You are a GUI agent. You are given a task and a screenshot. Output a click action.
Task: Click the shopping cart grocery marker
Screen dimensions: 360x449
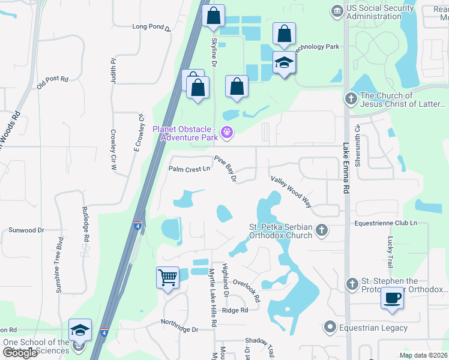coord(167,278)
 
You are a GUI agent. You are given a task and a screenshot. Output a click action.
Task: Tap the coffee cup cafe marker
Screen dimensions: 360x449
coord(393,298)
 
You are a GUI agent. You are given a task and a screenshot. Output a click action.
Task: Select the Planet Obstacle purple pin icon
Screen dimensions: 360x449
coord(226,132)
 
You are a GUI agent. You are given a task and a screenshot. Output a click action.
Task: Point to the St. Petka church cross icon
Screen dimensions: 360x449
coord(322,230)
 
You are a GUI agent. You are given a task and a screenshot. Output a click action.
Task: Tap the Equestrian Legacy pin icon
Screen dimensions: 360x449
coord(329,328)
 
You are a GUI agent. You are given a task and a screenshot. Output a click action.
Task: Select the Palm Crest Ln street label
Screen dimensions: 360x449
coord(189,169)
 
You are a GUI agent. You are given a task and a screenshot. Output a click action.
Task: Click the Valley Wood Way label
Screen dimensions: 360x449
coord(291,191)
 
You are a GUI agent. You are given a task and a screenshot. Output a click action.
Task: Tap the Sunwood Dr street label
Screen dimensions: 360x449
coord(26,230)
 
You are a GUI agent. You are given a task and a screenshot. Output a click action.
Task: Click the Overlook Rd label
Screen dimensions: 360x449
coord(247,290)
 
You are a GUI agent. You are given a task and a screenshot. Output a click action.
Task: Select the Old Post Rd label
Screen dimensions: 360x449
coord(52,82)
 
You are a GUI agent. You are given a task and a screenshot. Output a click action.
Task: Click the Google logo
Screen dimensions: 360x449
coord(20,353)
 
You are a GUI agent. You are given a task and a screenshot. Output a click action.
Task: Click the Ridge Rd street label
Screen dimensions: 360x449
coord(235,310)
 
